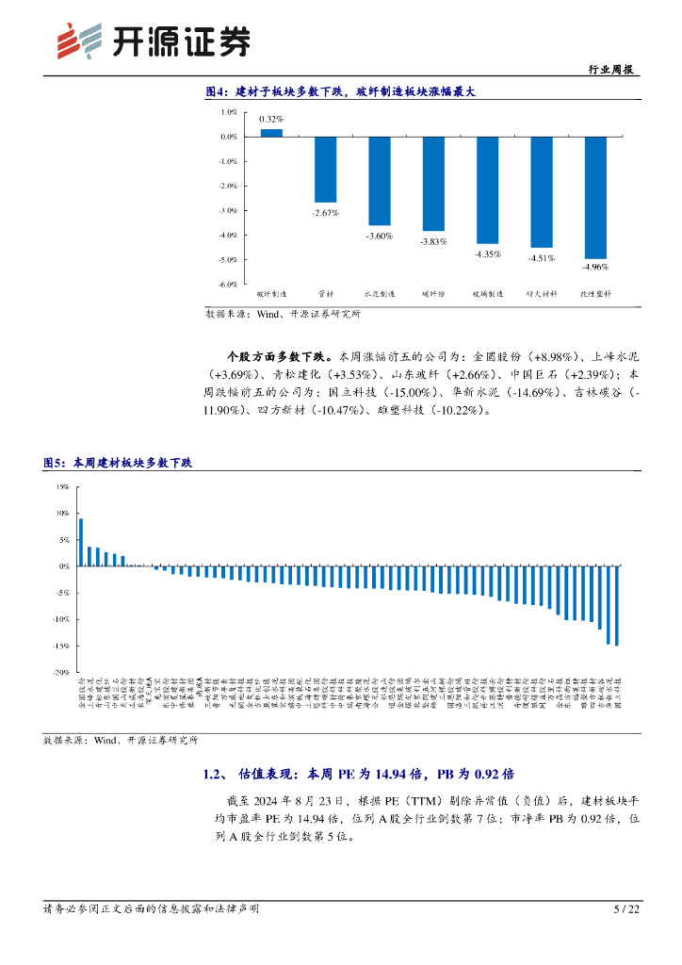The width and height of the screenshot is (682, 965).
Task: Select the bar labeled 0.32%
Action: click(x=271, y=133)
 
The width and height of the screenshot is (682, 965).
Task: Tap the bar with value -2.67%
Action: click(x=325, y=169)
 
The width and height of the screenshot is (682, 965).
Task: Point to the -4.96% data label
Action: click(x=595, y=268)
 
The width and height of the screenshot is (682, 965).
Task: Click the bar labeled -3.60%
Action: click(x=379, y=180)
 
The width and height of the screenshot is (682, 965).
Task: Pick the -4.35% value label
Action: click(x=487, y=254)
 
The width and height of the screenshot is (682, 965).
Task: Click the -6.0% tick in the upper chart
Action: click(x=227, y=284)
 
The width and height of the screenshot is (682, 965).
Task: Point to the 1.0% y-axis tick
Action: click(x=228, y=112)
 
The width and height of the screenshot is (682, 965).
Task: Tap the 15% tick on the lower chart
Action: click(x=62, y=487)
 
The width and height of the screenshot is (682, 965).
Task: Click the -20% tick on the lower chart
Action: click(x=61, y=673)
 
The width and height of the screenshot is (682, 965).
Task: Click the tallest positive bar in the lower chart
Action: click(x=81, y=542)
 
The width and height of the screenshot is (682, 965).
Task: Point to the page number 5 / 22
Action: click(x=626, y=909)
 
